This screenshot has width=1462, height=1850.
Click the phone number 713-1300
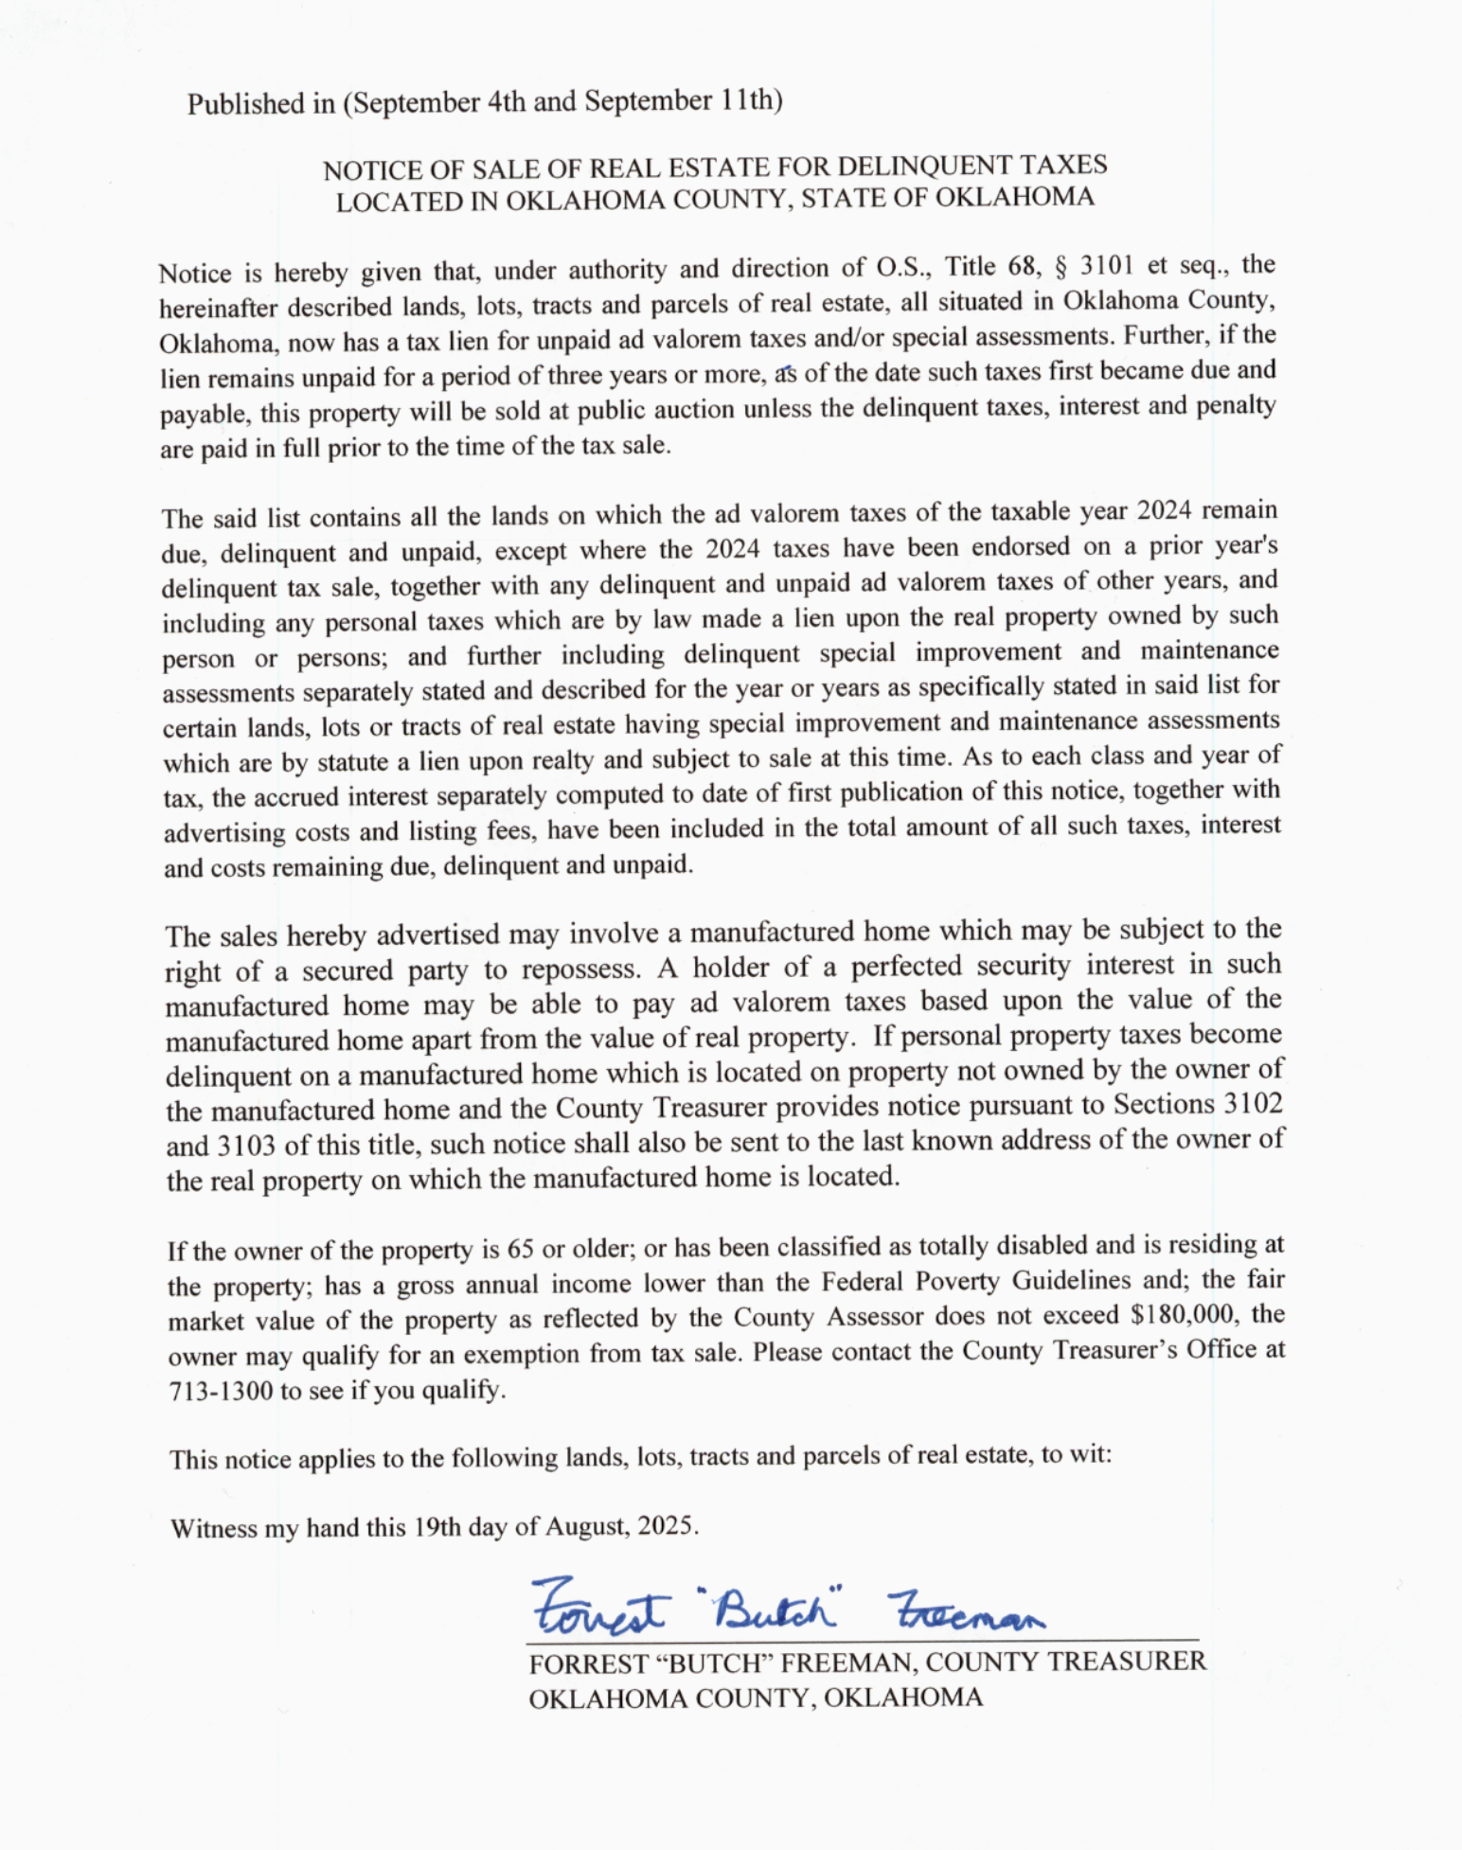click(x=221, y=1391)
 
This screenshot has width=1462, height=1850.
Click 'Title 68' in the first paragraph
click(x=990, y=266)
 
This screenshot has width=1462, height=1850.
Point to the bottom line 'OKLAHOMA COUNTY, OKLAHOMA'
click(x=756, y=1698)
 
